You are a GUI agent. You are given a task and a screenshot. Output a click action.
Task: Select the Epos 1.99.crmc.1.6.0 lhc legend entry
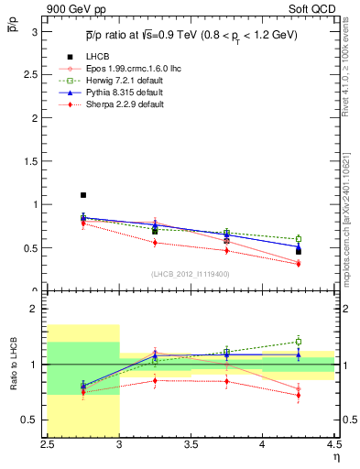(x=122, y=69)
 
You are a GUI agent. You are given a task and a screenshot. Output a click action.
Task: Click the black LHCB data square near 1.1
(x=83, y=195)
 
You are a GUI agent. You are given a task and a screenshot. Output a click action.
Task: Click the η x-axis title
(x=335, y=455)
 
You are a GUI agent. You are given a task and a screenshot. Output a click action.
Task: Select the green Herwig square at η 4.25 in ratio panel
(x=299, y=342)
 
